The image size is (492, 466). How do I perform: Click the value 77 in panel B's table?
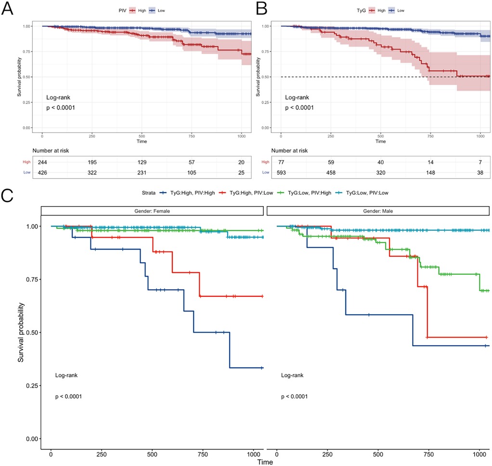click(281, 162)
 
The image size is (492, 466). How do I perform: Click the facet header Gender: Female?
click(152, 211)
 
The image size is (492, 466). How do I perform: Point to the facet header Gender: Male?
click(378, 211)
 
